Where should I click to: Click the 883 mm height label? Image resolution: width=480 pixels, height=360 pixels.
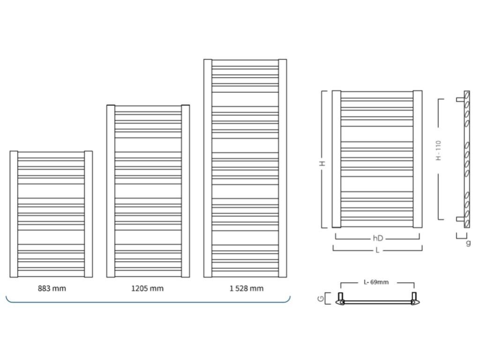(52, 288)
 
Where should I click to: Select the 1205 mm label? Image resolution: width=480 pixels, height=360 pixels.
(147, 288)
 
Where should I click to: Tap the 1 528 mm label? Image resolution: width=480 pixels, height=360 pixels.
(246, 288)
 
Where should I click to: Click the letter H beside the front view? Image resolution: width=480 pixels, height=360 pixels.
(322, 163)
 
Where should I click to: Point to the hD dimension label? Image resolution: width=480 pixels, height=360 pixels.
(378, 239)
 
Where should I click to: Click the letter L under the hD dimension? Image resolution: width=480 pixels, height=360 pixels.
(377, 250)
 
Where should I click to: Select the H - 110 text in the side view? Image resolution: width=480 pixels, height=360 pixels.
(439, 150)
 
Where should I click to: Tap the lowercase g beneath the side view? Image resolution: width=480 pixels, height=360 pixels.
(468, 243)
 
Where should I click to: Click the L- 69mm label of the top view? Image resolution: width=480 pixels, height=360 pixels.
(376, 282)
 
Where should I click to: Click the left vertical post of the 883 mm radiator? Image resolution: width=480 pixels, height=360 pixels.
(14, 214)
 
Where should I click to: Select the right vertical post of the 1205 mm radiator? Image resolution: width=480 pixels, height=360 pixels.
(186, 191)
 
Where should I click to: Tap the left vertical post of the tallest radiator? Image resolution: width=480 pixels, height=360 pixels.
(208, 168)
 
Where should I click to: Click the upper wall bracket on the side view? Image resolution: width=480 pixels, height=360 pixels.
(460, 99)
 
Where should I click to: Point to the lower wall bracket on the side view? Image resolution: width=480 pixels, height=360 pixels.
(460, 219)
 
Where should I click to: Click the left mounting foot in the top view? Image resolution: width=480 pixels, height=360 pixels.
(341, 298)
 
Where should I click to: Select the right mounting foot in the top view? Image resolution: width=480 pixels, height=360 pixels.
(414, 298)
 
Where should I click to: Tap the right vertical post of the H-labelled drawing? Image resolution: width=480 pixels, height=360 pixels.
(417, 159)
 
